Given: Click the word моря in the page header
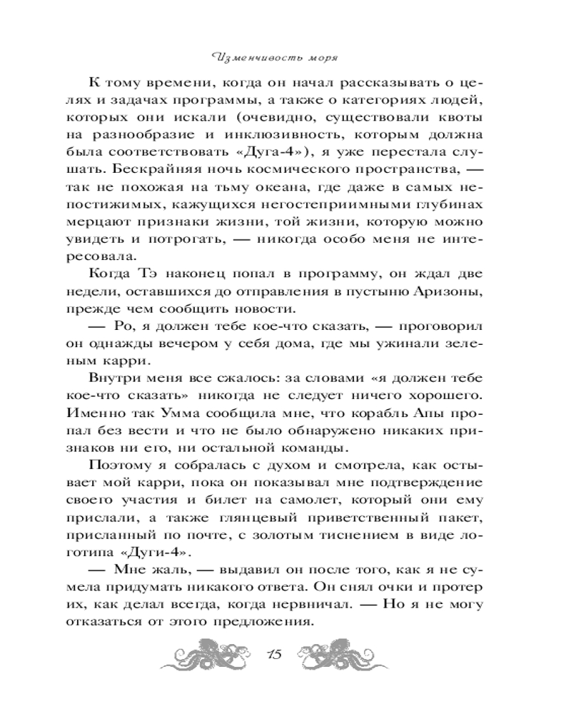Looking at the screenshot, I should (318, 57).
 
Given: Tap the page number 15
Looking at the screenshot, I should (276, 654).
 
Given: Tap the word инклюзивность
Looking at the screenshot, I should (278, 133).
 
